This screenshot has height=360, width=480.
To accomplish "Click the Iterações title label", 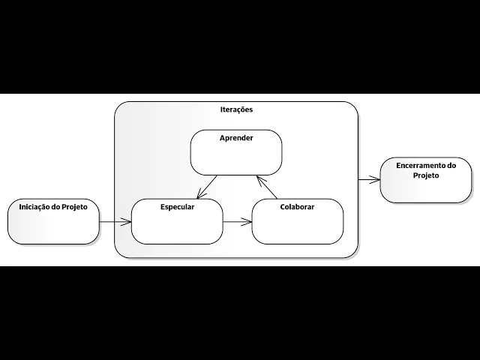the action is tap(236, 109).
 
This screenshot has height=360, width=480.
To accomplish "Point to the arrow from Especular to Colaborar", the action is tap(237, 221).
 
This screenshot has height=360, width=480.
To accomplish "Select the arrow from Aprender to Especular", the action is tap(207, 187).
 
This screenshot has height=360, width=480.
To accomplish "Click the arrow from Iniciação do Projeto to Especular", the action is tap(115, 221).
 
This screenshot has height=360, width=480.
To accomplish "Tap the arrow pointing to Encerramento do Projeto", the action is tap(368, 179).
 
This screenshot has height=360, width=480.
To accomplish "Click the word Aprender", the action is tap(235, 139).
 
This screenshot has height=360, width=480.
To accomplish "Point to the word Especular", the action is tap(177, 207).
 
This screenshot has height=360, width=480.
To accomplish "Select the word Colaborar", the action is tap(297, 207).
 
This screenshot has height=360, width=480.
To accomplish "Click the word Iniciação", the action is tap(33, 207).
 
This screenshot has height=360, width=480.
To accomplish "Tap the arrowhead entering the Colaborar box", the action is tap(247, 221).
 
